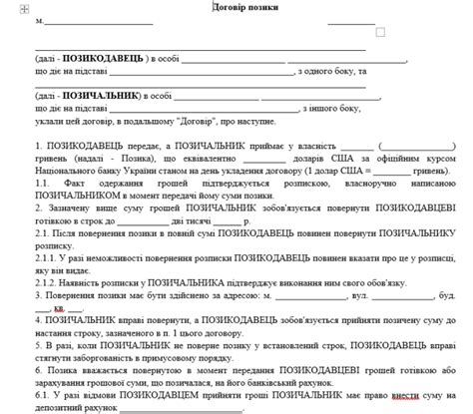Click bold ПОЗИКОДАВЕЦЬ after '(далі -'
103,60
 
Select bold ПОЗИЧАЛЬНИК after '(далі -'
102,97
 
